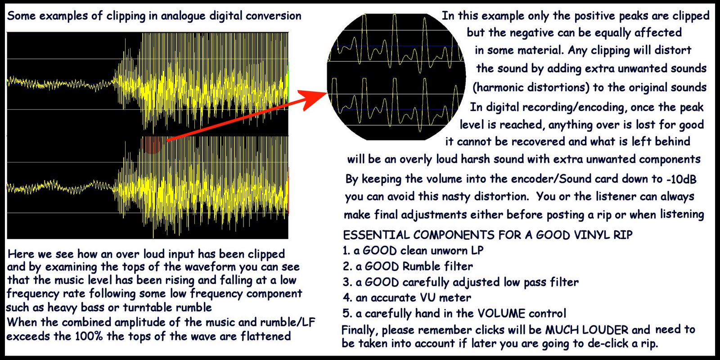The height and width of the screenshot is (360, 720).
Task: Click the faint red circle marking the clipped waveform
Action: point(152,144)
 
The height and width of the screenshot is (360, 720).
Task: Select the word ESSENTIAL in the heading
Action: point(376,235)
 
